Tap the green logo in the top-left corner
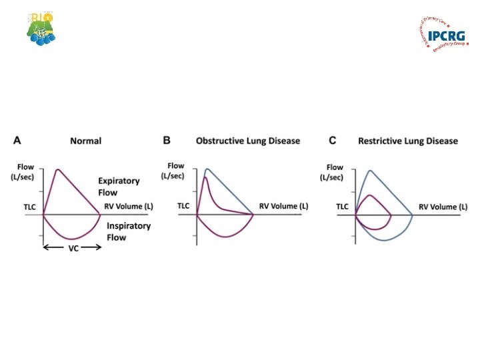[x=42, y=28]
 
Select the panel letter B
[x=167, y=141]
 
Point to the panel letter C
[x=332, y=141]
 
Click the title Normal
[x=86, y=141]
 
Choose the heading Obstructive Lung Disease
[x=247, y=141]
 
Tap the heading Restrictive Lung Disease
[x=407, y=141]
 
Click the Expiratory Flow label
[x=119, y=186]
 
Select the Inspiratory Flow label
[x=129, y=231]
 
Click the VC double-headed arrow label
[x=71, y=247]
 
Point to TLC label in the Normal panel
[x=31, y=207]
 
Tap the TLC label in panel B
[x=183, y=207]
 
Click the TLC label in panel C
[x=342, y=207]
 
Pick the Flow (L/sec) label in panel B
[x=175, y=171]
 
